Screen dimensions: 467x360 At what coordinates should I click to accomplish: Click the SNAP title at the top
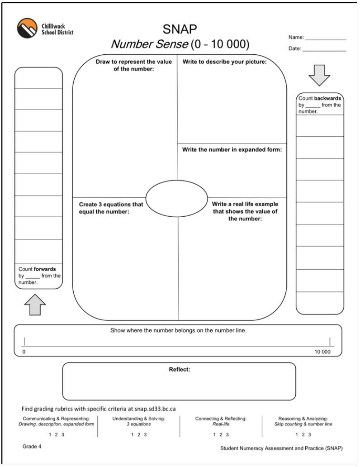pos(180,29)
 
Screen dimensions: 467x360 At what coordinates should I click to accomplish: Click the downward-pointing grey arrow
pos(319,77)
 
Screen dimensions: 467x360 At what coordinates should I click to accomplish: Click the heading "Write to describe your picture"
pos(224,62)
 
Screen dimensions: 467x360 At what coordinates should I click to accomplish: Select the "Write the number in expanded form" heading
pos(232,149)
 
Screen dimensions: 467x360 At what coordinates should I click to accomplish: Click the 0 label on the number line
pos(24,352)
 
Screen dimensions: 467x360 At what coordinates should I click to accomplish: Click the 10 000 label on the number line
pos(322,352)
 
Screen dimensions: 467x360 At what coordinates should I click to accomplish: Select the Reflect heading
pos(179,369)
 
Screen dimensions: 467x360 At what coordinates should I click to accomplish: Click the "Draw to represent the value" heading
pos(133,65)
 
